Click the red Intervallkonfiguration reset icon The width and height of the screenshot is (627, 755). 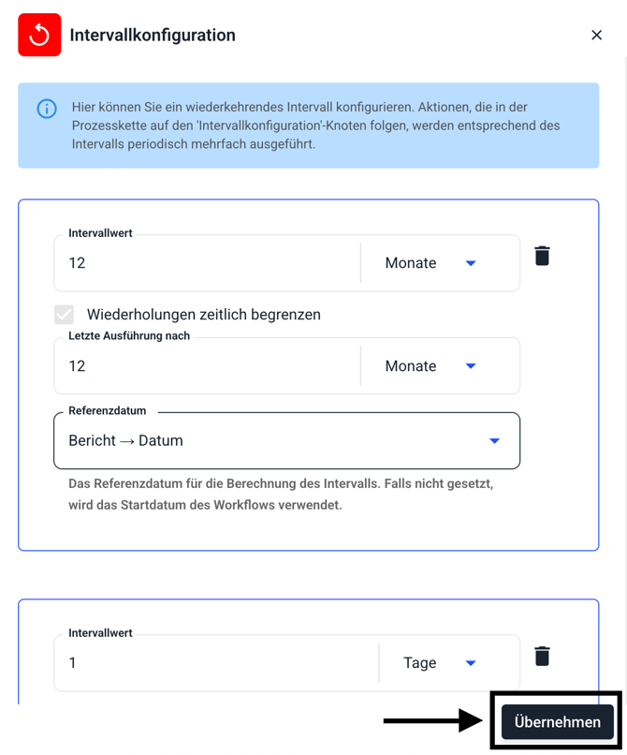pyautogui.click(x=39, y=36)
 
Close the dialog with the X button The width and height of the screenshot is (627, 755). pyautogui.click(x=596, y=36)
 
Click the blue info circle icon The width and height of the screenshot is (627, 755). pyautogui.click(x=46, y=109)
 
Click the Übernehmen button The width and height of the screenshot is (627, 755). pyautogui.click(x=557, y=722)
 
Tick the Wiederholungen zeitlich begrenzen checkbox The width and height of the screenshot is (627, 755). pyautogui.click(x=64, y=315)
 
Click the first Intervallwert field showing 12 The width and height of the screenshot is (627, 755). pyautogui.click(x=206, y=263)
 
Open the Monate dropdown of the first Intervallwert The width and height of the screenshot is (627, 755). pyautogui.click(x=471, y=263)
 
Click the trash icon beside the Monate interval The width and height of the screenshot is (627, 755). pyautogui.click(x=542, y=256)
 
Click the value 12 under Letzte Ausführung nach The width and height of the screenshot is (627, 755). pyautogui.click(x=77, y=366)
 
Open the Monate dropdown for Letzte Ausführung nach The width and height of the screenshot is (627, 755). pyautogui.click(x=471, y=366)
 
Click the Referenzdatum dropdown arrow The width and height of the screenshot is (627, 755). pyautogui.click(x=494, y=441)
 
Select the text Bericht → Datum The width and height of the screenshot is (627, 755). pyautogui.click(x=125, y=441)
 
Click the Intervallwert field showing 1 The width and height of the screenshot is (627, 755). pyautogui.click(x=215, y=663)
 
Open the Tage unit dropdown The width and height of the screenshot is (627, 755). pyautogui.click(x=471, y=663)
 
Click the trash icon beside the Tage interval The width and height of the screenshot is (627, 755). pyautogui.click(x=542, y=656)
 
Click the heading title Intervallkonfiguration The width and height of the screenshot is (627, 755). pyautogui.click(x=153, y=36)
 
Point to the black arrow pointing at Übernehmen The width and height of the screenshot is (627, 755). pyautogui.click(x=430, y=720)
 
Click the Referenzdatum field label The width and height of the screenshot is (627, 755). pyautogui.click(x=107, y=410)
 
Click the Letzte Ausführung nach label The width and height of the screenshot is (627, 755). pyautogui.click(x=129, y=335)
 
